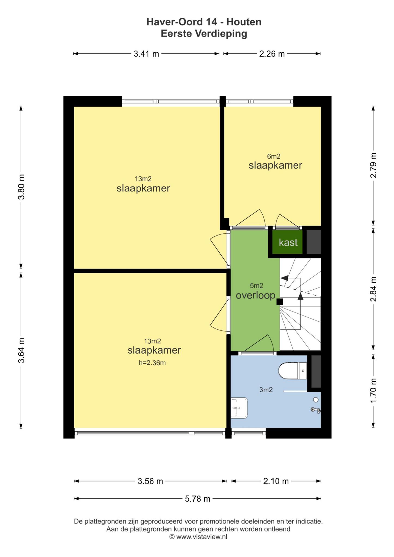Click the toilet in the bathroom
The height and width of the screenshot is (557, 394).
tap(293, 370)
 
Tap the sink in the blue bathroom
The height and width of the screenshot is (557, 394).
tap(239, 408)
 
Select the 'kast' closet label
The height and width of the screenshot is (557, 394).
tap(288, 242)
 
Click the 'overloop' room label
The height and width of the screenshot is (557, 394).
tap(256, 296)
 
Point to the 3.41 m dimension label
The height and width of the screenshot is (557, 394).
tap(146, 54)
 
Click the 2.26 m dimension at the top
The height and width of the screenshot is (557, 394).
tap(272, 54)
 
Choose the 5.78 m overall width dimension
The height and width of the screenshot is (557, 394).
tap(198, 499)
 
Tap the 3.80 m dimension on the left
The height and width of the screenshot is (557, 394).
tap(21, 187)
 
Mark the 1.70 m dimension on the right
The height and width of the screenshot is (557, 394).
tap(373, 391)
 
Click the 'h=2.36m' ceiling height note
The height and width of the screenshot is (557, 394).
tap(152, 363)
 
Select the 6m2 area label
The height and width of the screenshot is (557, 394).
tap(274, 156)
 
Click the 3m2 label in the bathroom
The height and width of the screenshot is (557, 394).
tap(266, 390)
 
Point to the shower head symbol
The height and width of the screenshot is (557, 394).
tap(316, 410)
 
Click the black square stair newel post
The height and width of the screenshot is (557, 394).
tap(280, 302)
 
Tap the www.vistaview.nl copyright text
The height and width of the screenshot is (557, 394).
tap(198, 537)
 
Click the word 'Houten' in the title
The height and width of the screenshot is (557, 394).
tap(244, 22)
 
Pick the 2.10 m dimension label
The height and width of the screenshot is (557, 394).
tap(276, 481)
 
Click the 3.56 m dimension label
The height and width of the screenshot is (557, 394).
tap(150, 481)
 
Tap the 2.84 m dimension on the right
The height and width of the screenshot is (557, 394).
tap(373, 289)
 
